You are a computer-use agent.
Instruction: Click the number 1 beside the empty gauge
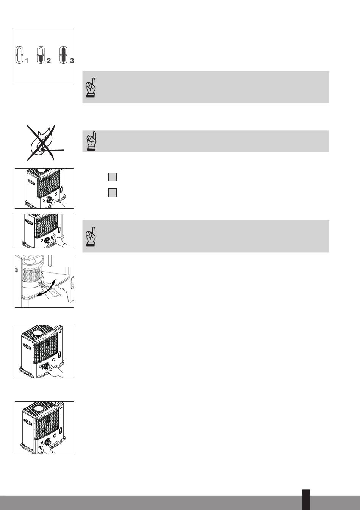coord(27,61)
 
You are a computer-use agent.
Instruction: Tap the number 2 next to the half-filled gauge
coord(49,61)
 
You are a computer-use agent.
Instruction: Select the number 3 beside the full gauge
coord(72,61)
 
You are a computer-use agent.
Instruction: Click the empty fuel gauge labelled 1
coord(19,55)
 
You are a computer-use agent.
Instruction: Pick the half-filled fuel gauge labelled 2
coord(41,55)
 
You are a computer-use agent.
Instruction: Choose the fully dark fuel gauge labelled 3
coord(63,55)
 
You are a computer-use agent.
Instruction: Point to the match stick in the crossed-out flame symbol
coord(53,150)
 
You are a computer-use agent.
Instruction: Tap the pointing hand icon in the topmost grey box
coord(91,88)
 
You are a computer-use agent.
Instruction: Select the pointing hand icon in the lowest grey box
coord(91,236)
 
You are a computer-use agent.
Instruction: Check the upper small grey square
coord(113,177)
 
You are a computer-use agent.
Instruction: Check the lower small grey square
coord(113,192)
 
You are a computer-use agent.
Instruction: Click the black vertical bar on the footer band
coord(306,499)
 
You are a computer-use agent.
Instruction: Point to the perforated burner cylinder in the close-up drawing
coord(32,275)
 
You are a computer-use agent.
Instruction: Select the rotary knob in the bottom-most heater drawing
coord(48,442)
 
